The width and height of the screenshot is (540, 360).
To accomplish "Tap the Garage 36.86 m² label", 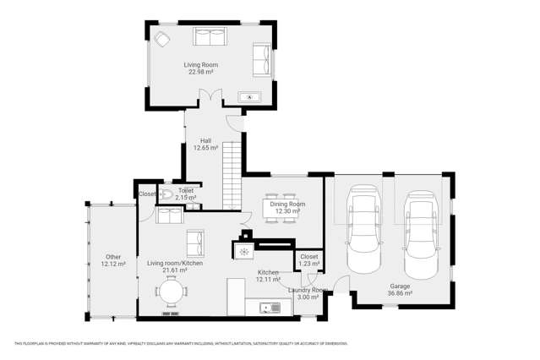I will coord(400,290).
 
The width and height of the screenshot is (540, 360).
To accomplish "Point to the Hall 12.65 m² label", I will coord(205,145).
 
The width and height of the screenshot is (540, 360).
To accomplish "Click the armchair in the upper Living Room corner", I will coord(161,38).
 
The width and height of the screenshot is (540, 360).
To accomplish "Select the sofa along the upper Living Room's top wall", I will coord(210,36).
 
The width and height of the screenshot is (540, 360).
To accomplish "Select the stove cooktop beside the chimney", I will coord(243,251).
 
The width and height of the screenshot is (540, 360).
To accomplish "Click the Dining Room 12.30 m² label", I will coord(282,207).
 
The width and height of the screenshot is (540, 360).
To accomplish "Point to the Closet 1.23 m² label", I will coord(309,259).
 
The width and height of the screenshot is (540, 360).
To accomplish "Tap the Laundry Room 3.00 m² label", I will coord(308,293).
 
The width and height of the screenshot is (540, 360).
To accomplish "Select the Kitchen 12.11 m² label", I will coord(269,275).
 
